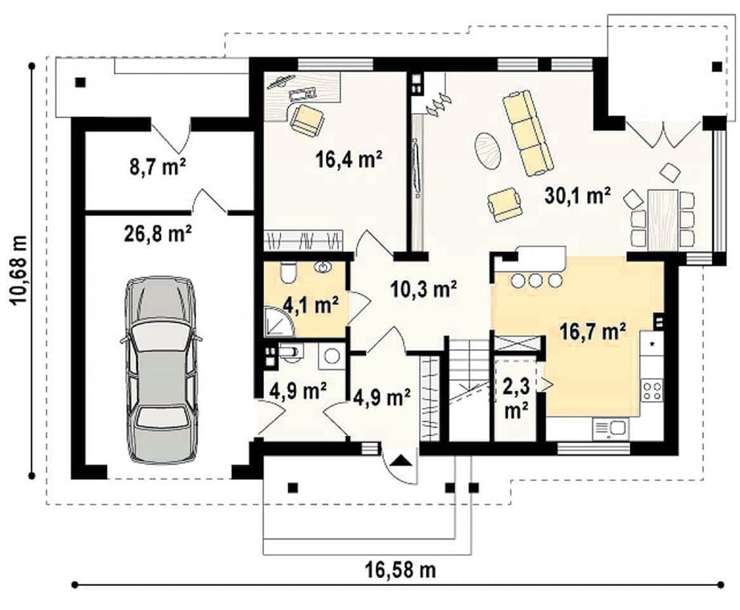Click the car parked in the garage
click(x=161, y=370)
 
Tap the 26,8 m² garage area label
click(x=158, y=234)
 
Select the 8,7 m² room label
click(x=158, y=167)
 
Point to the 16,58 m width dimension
click(x=400, y=570)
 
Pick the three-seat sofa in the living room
click(x=527, y=133)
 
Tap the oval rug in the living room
click(x=488, y=150)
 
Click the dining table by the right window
click(x=663, y=220)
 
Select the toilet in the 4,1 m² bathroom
click(x=287, y=272)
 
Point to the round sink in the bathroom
click(x=323, y=267)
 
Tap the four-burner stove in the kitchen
click(x=652, y=391)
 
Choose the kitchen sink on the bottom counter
click(x=610, y=429)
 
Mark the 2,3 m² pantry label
click(x=517, y=398)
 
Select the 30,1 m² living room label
click(x=578, y=196)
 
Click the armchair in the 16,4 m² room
click(x=307, y=120)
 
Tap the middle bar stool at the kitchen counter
click(x=535, y=280)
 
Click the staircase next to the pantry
click(x=467, y=389)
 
